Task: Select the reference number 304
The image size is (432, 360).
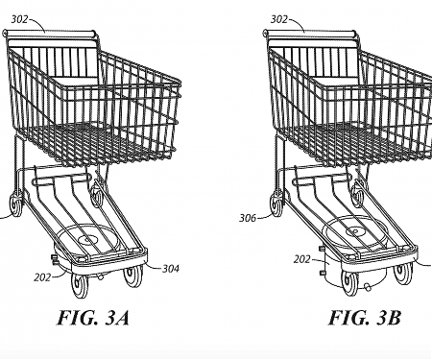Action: click(x=175, y=270)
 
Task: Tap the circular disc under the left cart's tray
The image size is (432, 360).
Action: click(x=91, y=234)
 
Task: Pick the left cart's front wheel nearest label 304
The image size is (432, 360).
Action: click(x=132, y=277)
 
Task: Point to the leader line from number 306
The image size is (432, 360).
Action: click(x=264, y=216)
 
